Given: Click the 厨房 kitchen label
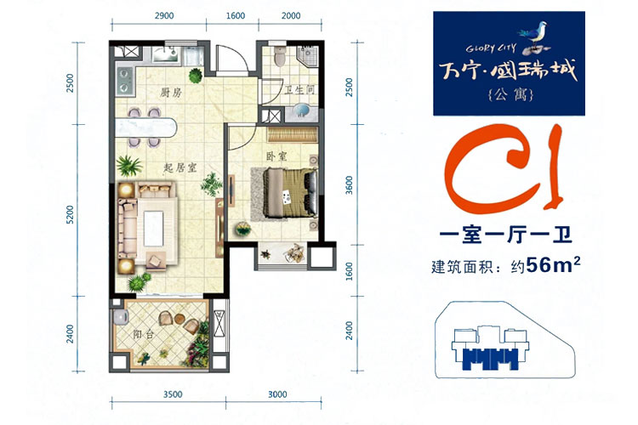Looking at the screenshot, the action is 170,93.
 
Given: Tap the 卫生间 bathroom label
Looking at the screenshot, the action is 300,90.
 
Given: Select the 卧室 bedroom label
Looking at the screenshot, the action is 276,156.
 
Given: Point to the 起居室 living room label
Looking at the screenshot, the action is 180,167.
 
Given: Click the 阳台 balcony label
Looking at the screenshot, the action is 144,335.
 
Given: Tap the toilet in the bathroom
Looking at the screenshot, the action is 281,56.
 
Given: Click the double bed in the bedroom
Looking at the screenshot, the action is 290,193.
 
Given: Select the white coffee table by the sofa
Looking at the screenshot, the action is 153,228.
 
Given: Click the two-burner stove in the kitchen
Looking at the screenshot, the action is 124,81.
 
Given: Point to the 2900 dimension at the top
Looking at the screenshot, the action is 164,16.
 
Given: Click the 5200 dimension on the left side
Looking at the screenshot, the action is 71,214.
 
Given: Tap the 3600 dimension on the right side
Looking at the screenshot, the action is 349,185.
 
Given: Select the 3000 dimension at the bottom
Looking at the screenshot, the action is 277,394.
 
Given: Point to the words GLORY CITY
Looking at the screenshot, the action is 491,48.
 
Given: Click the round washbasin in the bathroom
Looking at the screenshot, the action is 303,110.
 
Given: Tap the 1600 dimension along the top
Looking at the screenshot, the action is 235,16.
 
